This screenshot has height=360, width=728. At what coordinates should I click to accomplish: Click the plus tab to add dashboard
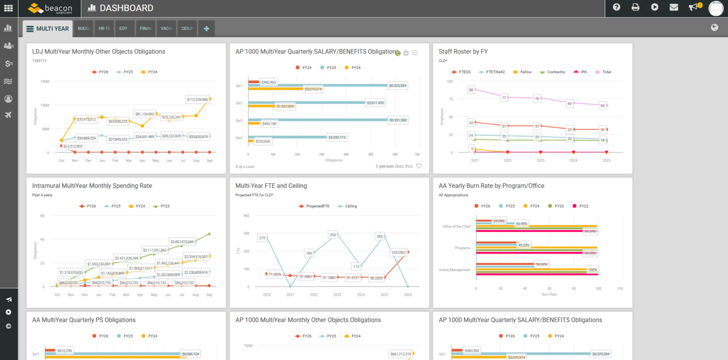pos(206,28)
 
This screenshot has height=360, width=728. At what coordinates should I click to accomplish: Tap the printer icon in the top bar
pos(635,7)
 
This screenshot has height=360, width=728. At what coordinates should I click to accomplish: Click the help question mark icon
pos(617,7)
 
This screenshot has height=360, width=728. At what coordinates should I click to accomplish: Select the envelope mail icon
pos(674,7)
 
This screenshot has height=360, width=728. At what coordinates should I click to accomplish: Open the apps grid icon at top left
pos(8,8)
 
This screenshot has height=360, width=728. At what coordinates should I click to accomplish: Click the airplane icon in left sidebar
pos(8,115)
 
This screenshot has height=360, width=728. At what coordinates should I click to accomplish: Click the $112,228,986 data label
pos(198,100)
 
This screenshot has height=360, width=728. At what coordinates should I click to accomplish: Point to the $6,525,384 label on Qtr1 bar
pos(398,86)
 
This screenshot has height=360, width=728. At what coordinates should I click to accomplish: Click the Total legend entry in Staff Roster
pos(605,72)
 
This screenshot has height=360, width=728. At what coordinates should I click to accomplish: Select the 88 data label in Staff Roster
pos(471,90)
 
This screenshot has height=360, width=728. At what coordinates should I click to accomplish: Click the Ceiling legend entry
pos(350,206)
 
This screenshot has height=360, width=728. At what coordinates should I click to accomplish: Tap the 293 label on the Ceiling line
pos(333,235)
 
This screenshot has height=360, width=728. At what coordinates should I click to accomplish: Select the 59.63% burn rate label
pos(541,264)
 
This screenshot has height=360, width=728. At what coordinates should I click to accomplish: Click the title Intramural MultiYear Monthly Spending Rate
pos(92,186)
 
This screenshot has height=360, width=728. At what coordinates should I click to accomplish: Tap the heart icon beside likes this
pos(419,166)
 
